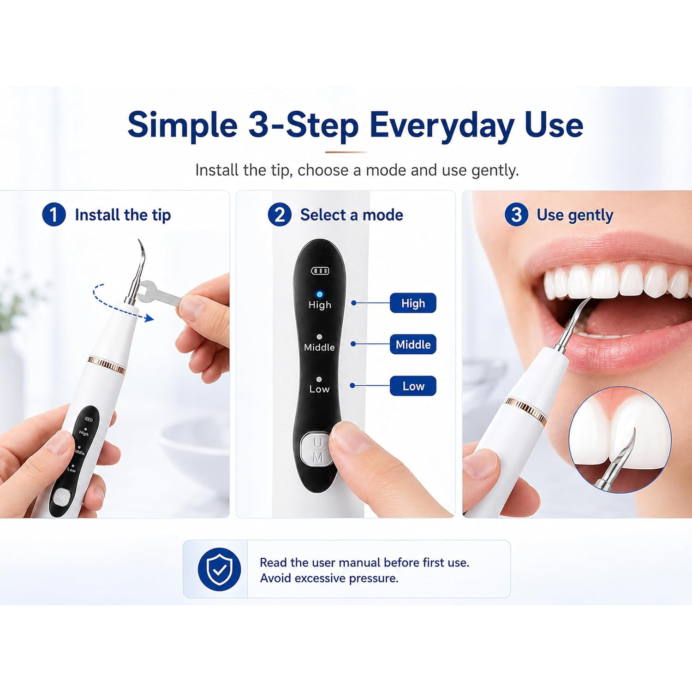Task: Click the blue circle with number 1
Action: pos(54,215)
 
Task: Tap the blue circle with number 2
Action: pos(280,215)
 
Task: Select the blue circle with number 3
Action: pos(516,215)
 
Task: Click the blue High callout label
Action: pos(413,303)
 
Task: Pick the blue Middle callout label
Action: pos(413,344)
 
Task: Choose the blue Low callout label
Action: pos(413,386)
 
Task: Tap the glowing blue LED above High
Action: pos(319,294)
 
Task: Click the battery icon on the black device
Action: pos(320,270)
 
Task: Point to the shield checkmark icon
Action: pos(219,569)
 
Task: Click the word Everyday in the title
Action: pos(442,125)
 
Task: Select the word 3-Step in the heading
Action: pos(303,125)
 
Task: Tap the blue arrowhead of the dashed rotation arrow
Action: pos(148,317)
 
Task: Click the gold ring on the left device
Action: pos(107,364)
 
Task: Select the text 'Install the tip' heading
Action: pos(123,215)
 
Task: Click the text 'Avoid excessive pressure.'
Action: pos(329,578)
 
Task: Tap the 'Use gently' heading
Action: pos(575,215)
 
